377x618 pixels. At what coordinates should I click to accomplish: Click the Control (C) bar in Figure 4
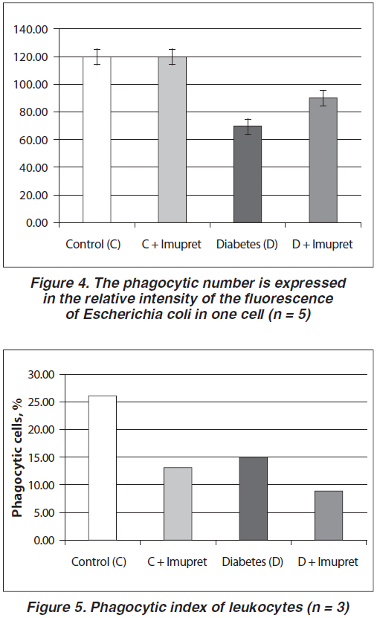point(97,140)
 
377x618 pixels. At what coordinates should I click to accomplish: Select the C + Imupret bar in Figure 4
point(173,140)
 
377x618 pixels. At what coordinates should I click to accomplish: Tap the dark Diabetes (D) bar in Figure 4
point(248,174)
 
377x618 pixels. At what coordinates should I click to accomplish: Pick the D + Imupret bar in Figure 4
point(323,161)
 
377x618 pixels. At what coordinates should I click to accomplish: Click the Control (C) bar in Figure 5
point(103,468)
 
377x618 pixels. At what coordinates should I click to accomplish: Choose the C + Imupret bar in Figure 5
point(178,503)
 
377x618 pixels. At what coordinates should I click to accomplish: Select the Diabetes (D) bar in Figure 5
point(254,498)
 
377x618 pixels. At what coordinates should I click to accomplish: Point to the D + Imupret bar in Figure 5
point(329,515)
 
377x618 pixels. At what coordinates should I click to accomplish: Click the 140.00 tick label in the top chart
point(30,29)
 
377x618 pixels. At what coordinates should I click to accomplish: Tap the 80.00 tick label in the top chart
point(33,112)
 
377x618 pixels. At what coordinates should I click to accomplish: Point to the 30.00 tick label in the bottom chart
point(41,374)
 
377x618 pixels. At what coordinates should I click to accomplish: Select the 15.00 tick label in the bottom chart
point(41,457)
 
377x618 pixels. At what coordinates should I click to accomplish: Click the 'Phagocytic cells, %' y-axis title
point(17,457)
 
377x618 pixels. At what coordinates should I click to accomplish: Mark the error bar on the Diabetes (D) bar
point(248,127)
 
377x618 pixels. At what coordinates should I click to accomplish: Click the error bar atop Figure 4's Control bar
point(97,57)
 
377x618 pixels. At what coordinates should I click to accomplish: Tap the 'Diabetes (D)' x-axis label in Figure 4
point(247,245)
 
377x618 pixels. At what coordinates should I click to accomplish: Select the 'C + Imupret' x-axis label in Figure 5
point(177,561)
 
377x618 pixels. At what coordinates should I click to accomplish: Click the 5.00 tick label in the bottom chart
point(44,512)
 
